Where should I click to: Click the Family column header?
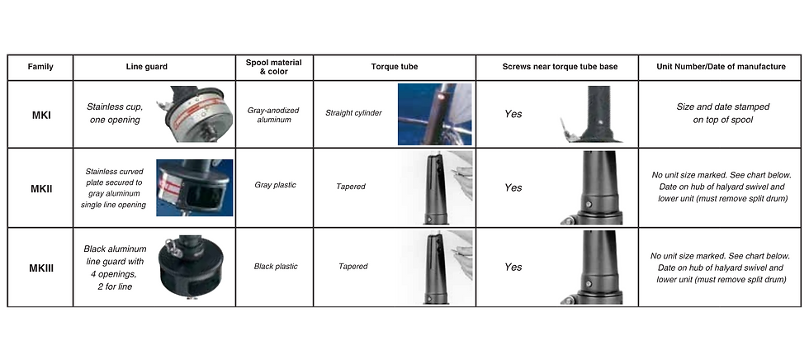[40, 67]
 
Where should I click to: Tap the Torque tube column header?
[395, 67]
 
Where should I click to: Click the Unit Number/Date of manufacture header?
[721, 67]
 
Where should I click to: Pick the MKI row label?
[40, 115]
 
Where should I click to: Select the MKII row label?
[40, 189]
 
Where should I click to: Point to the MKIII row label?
[40, 268]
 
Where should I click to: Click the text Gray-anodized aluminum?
[274, 115]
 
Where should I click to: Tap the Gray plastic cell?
[275, 185]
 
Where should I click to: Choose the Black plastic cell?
[276, 267]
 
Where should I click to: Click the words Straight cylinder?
[353, 112]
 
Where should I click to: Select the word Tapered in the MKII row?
[351, 187]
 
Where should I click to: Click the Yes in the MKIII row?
[513, 268]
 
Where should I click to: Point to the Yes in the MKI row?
[513, 114]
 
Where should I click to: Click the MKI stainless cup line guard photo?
[195, 113]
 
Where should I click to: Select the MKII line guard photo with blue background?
[195, 187]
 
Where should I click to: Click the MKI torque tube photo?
[434, 114]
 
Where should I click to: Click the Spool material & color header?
[274, 67]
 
